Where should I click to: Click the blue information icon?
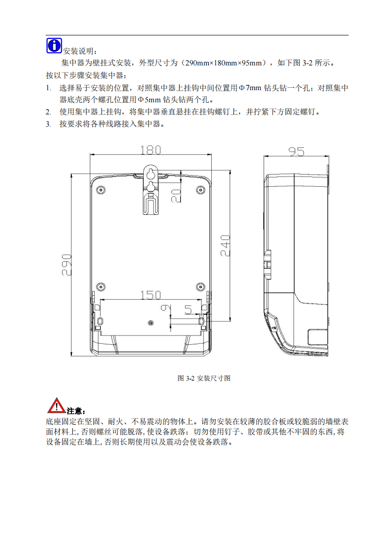click(x=54, y=46)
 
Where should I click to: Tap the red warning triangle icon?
click(x=56, y=405)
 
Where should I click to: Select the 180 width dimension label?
click(x=151, y=150)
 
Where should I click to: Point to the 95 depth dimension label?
click(x=296, y=151)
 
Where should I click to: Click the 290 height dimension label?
click(x=67, y=265)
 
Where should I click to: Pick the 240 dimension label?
click(x=225, y=246)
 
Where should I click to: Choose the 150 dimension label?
click(x=151, y=295)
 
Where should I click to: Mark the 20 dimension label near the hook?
click(x=176, y=196)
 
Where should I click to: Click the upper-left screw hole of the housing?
click(x=101, y=190)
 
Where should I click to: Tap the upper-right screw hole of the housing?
click(x=200, y=190)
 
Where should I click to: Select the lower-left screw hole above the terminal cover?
click(x=101, y=287)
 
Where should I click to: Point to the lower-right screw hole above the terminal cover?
click(x=200, y=287)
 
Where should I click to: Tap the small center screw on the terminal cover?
click(x=151, y=323)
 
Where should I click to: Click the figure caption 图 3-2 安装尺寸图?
click(x=204, y=378)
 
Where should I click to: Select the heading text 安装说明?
click(x=78, y=51)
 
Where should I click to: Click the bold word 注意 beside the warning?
click(x=74, y=411)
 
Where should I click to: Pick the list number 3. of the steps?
click(x=48, y=124)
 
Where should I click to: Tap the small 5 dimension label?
click(x=188, y=309)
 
